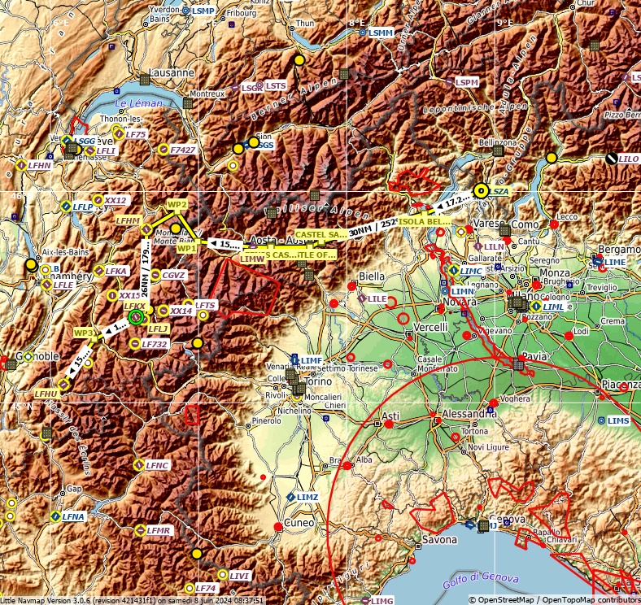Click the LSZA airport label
pos(499,191)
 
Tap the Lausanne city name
pos(171,72)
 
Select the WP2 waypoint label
pos(177,204)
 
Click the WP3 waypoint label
pos(84,333)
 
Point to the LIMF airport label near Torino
pos(311,359)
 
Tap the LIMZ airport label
pos(307,496)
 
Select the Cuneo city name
pos(298,522)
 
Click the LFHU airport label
pos(45,394)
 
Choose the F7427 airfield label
pos(183,150)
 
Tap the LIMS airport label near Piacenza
pos(618,420)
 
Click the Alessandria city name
pos(469,412)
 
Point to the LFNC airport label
pos(157,466)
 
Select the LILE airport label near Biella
pos(377,298)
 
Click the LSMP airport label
pos(203,11)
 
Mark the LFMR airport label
pos(159,530)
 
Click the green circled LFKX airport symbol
pos(136,317)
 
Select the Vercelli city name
pos(430,326)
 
